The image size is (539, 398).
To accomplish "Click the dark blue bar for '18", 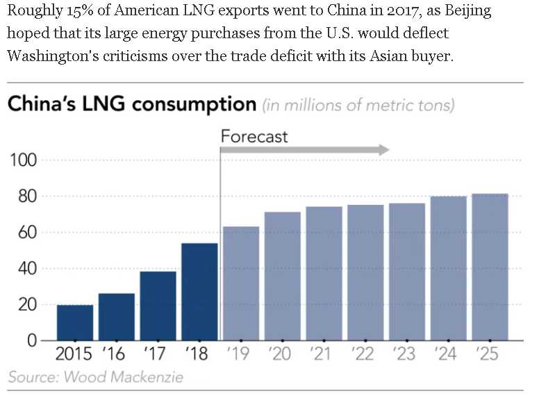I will click(x=199, y=292).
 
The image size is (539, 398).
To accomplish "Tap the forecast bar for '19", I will click(x=241, y=283).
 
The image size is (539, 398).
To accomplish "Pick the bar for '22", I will click(x=365, y=272).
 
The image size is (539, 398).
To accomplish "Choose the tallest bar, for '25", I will click(x=490, y=267).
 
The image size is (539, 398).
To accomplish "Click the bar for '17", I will click(x=158, y=306).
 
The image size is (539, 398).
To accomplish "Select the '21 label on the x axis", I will click(x=323, y=354).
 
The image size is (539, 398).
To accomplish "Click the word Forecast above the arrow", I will click(x=254, y=135).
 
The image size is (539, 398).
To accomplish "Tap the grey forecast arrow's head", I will click(x=383, y=150).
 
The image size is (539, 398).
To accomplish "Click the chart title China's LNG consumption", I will click(x=132, y=105).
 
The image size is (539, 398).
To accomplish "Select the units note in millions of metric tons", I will click(x=358, y=106).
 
